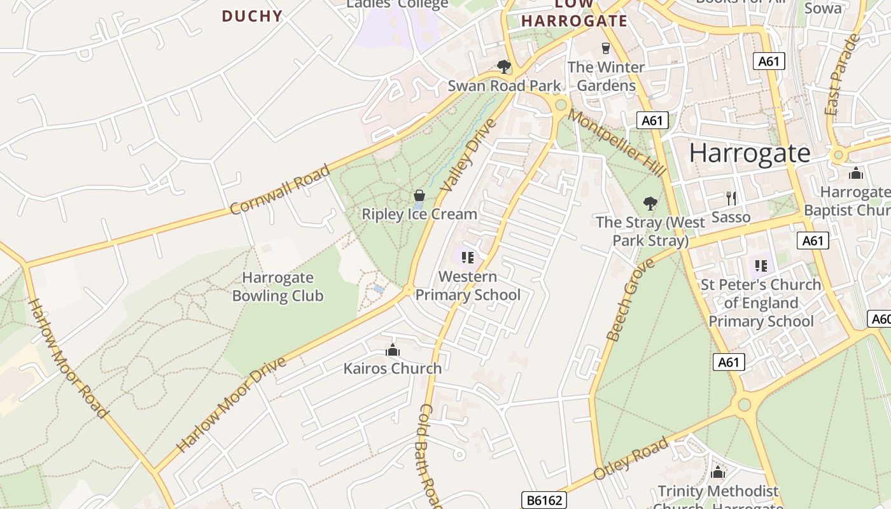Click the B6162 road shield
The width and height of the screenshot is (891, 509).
pyautogui.click(x=545, y=500)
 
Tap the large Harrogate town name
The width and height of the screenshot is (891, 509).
pyautogui.click(x=750, y=153)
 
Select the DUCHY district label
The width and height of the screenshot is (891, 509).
pyautogui.click(x=252, y=16)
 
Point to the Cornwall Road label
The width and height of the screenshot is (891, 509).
pyautogui.click(x=280, y=190)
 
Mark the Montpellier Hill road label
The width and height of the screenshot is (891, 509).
pyautogui.click(x=617, y=143)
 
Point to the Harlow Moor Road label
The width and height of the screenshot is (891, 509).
pyautogui.click(x=68, y=358)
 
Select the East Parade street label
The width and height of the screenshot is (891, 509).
pyautogui.click(x=841, y=75)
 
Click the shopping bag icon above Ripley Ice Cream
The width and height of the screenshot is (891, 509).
pyautogui.click(x=419, y=195)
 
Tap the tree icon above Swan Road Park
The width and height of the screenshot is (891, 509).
pyautogui.click(x=504, y=66)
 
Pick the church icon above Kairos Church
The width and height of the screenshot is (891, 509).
pyautogui.click(x=393, y=350)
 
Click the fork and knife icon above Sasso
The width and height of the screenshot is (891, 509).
pyautogui.click(x=731, y=199)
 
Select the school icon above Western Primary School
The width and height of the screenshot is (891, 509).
pyautogui.click(x=468, y=258)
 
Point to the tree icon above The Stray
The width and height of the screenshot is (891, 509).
pyautogui.click(x=650, y=204)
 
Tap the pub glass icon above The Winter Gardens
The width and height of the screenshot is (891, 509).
pyautogui.click(x=605, y=48)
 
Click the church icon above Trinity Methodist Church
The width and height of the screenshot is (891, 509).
pyautogui.click(x=718, y=472)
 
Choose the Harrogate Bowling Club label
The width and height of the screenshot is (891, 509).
pyautogui.click(x=277, y=286)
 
